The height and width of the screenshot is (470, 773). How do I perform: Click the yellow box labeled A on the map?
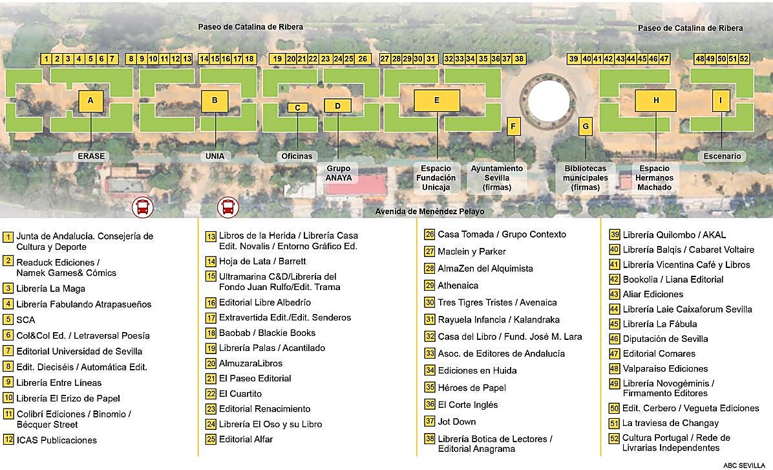coord(90,101)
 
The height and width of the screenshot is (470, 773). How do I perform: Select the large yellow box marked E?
coord(437,100)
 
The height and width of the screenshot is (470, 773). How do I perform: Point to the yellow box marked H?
coord(655,100)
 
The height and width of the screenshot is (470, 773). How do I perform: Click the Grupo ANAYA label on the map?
coord(338,173)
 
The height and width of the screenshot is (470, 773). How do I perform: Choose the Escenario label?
coord(721,156)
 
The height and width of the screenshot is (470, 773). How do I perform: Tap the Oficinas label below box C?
coord(297,156)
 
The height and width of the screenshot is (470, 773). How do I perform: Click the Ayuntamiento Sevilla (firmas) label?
coord(496,177)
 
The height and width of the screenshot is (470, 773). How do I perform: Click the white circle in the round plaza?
coord(549,102)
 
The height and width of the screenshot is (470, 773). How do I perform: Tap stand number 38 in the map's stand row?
coord(519,59)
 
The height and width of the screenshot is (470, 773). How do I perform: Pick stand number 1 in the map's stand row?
coord(46,59)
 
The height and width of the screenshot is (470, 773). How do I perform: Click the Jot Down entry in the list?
coord(456,421)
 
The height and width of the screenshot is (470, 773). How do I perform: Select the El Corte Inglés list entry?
coord(467,405)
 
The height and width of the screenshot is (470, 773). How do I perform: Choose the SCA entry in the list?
coord(26,319)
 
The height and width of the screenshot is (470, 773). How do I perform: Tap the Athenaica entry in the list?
coord(458,285)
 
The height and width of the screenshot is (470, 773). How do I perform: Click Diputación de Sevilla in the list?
coord(656,339)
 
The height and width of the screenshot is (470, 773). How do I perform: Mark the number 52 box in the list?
coord(615,438)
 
